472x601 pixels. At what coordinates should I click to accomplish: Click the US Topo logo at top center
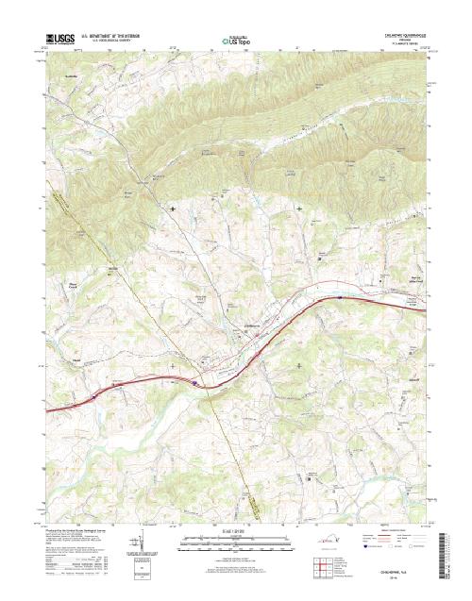[235, 41]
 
